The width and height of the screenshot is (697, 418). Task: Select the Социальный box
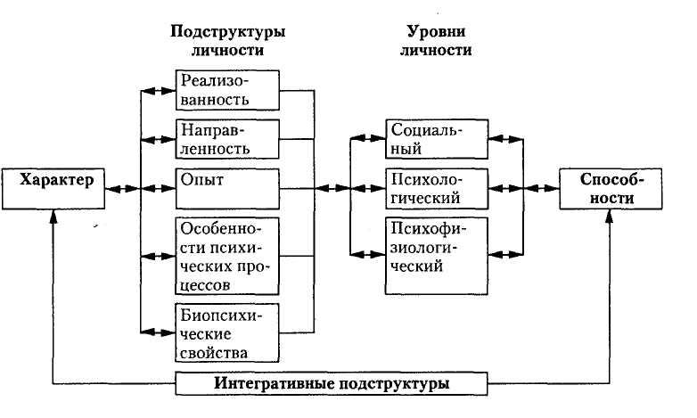(437, 138)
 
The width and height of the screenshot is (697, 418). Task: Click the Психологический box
(437, 187)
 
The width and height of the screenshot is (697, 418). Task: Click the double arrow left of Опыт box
(158, 188)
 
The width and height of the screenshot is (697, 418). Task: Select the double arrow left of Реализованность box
(158, 90)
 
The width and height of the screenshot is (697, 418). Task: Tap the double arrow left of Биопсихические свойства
(158, 332)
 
